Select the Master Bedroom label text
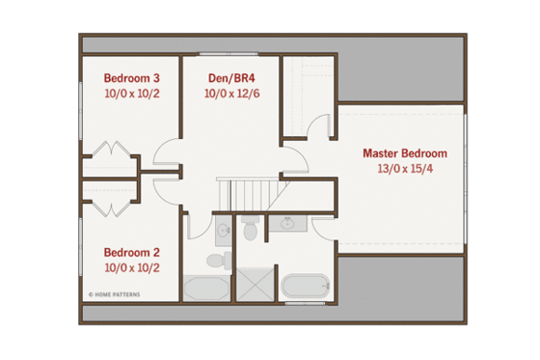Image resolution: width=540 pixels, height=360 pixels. pyautogui.click(x=405, y=152)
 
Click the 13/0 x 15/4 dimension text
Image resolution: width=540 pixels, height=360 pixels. pyautogui.click(x=405, y=169)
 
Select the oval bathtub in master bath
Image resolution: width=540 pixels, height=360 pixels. pyautogui.click(x=306, y=288)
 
